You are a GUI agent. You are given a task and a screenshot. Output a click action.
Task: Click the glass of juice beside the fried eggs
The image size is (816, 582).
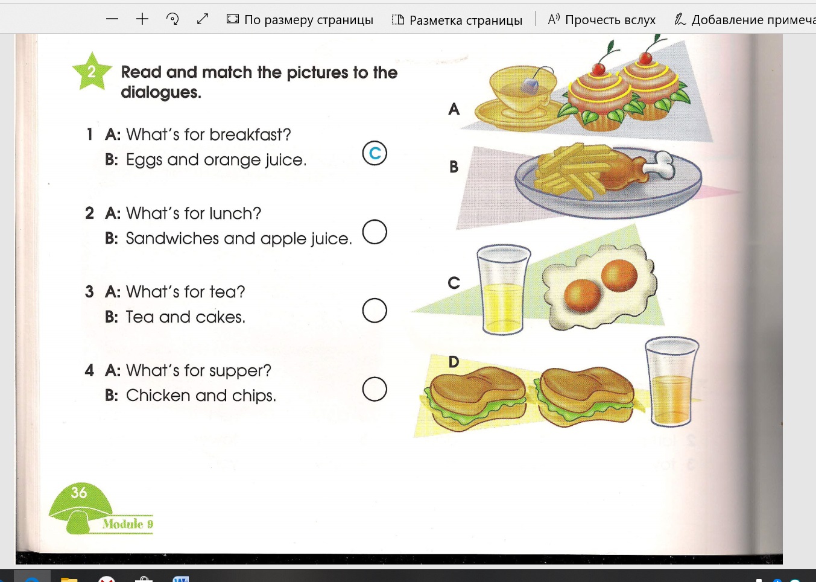tap(504, 289)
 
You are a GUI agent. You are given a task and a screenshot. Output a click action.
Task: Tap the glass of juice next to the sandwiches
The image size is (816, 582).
tap(672, 382)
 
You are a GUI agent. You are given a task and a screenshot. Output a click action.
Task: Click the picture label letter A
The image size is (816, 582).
tap(454, 109)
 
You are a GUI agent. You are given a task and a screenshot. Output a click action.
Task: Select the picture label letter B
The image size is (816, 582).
tap(454, 166)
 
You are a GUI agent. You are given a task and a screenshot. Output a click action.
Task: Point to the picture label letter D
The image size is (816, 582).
tap(454, 362)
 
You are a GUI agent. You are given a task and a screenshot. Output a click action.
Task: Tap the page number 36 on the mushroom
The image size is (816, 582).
tap(79, 492)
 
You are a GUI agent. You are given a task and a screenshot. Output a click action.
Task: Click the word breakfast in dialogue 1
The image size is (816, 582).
tap(250, 134)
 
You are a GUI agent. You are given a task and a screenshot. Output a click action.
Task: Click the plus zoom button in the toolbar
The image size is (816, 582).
tap(142, 19)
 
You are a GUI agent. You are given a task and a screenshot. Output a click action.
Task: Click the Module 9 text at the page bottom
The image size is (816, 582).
tap(128, 523)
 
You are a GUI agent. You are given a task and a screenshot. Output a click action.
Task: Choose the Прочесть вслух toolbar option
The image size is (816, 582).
tap(602, 20)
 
